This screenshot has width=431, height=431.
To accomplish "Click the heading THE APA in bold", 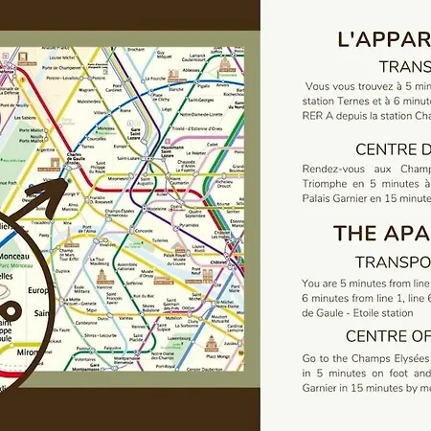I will pyautogui.click(x=381, y=234).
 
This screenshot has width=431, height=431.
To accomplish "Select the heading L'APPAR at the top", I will pyautogui.click(x=384, y=39).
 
